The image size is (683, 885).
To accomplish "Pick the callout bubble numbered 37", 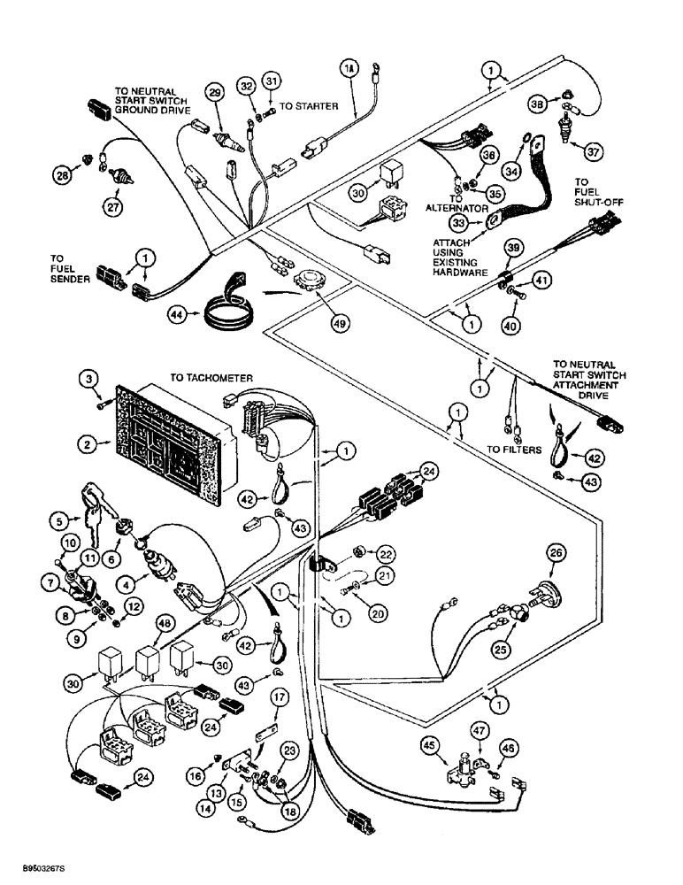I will pos(590,151).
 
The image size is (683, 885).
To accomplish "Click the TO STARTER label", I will pos(308,106).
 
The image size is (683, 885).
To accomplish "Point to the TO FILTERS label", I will pos(513,450).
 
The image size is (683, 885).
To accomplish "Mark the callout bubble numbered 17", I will pos(280,698).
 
